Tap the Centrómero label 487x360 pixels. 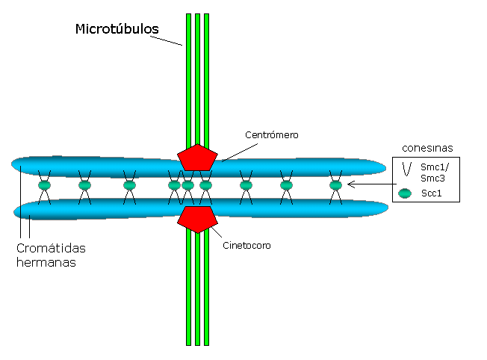(x=272, y=135)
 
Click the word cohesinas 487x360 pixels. (x=426, y=147)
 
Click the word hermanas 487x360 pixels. (x=46, y=263)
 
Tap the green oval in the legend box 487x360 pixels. (x=406, y=193)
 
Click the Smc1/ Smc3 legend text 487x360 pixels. (x=435, y=174)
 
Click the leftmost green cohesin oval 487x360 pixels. (x=44, y=185)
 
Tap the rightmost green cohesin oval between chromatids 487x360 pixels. (x=335, y=185)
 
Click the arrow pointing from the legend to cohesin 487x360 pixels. (x=370, y=184)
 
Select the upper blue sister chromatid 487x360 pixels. (x=112, y=167)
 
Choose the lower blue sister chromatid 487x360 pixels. (x=112, y=207)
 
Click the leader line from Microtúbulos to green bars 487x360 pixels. (x=167, y=39)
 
